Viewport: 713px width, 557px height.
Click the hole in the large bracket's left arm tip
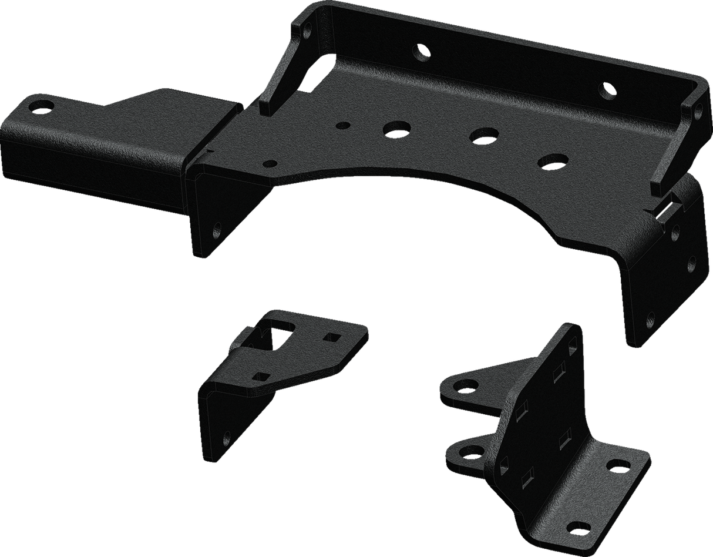pos(41,107)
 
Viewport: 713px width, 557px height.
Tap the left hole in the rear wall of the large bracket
pos(421,53)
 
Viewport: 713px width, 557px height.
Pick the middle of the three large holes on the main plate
pos(483,135)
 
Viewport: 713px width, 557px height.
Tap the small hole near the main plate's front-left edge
pos(270,164)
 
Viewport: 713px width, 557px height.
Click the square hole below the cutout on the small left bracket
pos(258,375)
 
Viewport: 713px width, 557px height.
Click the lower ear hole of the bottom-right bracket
pos(468,452)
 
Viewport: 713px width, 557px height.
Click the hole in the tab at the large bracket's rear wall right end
pos(697,109)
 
